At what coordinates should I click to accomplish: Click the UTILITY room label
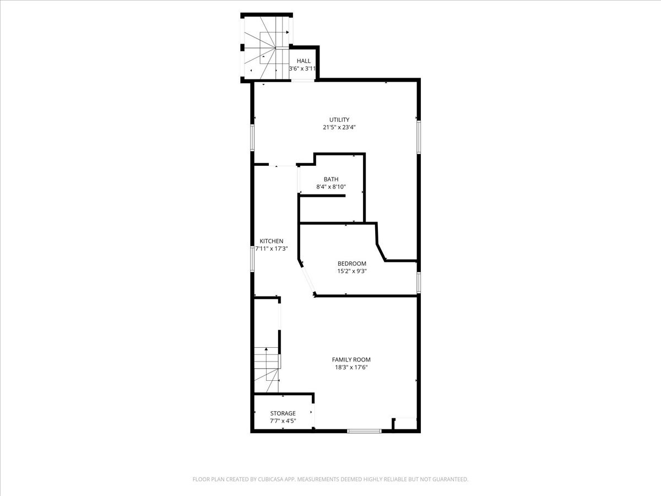point(339,120)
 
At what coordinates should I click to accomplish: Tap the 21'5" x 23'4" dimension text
point(339,127)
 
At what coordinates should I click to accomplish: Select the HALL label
point(304,61)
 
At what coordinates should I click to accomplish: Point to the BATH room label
point(331,179)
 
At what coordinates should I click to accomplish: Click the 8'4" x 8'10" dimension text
point(331,187)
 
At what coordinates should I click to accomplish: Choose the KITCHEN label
point(272,241)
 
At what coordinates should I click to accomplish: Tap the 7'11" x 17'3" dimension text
point(272,249)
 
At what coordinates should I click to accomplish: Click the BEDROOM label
point(352,263)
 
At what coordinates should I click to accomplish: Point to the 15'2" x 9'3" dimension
point(352,271)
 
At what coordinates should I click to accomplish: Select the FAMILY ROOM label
point(351,359)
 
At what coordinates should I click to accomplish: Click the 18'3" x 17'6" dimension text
point(351,367)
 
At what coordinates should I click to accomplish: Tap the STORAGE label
point(283,413)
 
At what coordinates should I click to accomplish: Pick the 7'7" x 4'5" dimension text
point(283,420)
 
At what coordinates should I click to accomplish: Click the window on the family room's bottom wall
point(364,431)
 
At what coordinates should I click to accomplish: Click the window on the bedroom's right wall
point(419,282)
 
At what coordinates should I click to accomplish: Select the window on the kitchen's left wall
point(252,259)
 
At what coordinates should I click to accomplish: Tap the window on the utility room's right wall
point(419,137)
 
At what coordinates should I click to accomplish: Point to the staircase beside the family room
point(267,369)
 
